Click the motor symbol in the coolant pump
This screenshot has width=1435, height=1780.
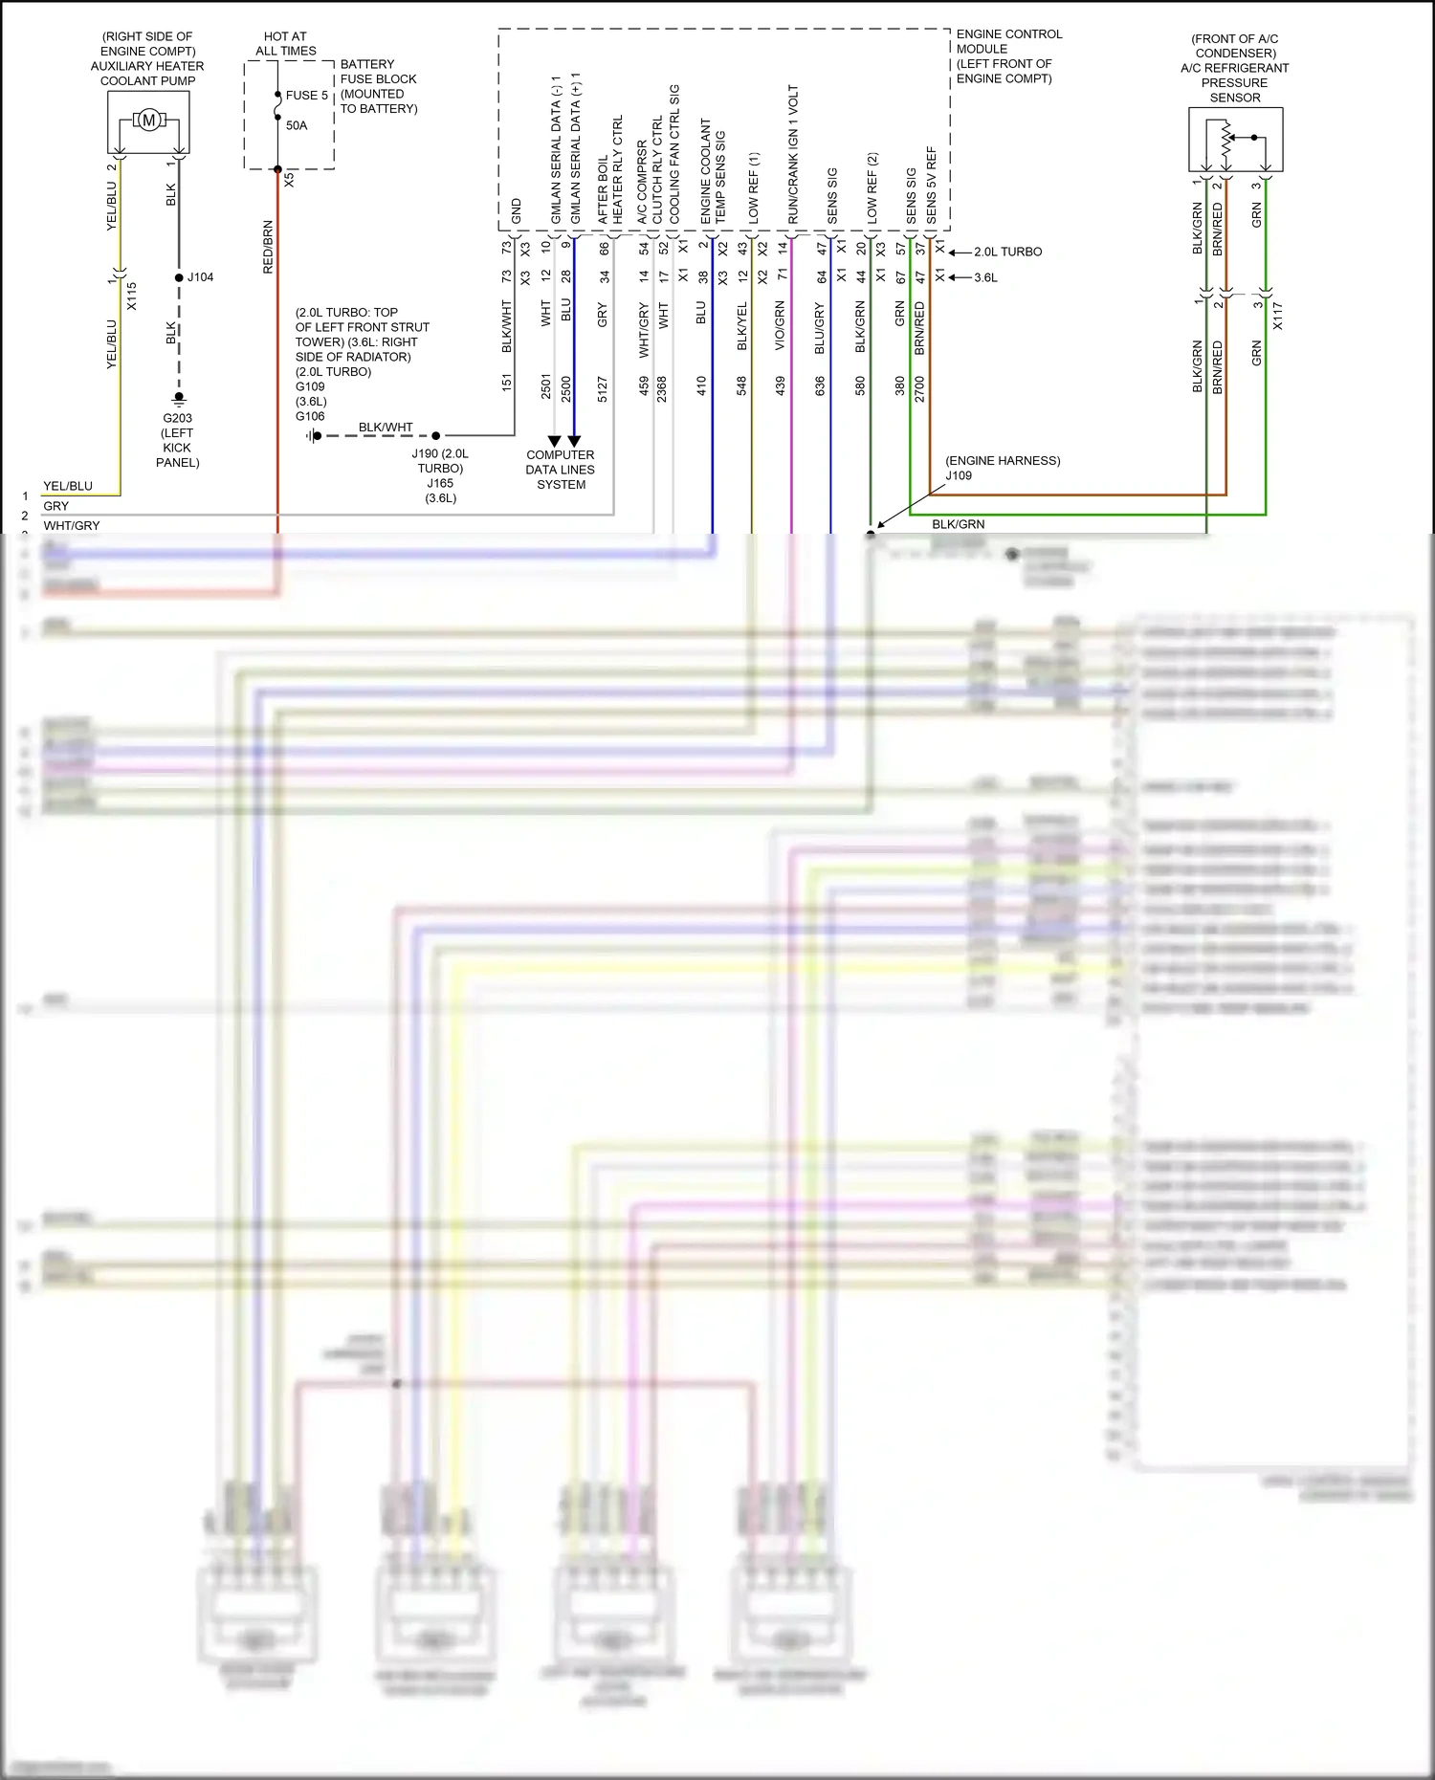[x=148, y=121]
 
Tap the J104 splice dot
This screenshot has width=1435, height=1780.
[x=179, y=277]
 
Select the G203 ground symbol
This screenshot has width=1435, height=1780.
[x=179, y=398]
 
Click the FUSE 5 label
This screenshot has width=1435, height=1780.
[x=306, y=96]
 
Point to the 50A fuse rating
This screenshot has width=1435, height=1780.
[x=297, y=125]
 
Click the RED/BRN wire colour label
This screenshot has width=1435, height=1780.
[x=268, y=248]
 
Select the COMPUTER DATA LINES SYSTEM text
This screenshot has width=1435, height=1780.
[x=561, y=470]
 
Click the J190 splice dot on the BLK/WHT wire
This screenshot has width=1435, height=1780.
[x=436, y=435]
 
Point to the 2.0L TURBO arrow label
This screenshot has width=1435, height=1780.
[x=1007, y=252]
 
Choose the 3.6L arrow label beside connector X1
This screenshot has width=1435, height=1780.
[x=985, y=277]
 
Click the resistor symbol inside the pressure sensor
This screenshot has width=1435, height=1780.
[x=1225, y=141]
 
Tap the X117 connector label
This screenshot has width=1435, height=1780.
[x=1277, y=316]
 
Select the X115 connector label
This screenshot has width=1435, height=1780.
[x=132, y=297]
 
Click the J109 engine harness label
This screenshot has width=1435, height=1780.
[x=959, y=475]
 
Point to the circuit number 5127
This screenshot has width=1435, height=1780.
[x=603, y=388]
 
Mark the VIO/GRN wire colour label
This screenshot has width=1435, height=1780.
[x=780, y=325]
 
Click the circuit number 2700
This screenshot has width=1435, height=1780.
[x=919, y=388]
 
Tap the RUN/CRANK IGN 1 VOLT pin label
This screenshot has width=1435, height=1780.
[x=793, y=155]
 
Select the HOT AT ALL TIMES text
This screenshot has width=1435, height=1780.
[x=285, y=43]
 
